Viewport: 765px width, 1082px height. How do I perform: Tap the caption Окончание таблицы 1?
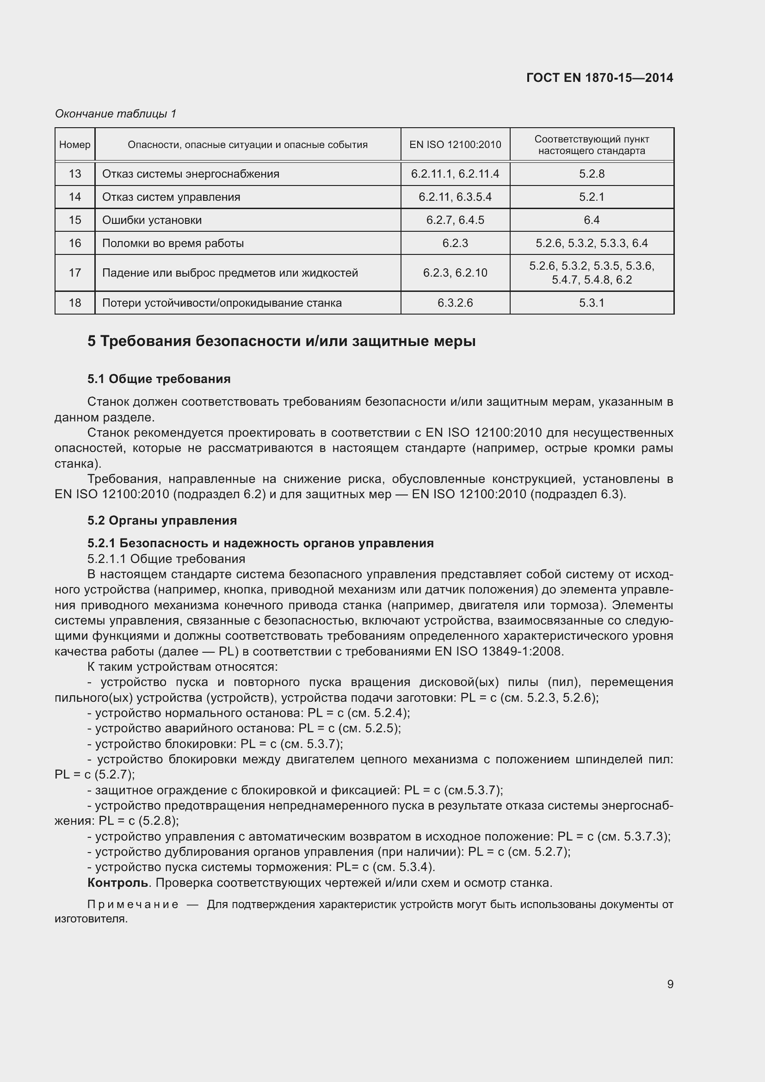[x=116, y=114]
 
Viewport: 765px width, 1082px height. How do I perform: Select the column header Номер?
[x=75, y=145]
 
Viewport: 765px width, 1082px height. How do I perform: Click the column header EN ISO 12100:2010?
[x=455, y=145]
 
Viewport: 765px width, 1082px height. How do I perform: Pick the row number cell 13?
[x=75, y=174]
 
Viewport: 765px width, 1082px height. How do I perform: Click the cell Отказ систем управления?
[x=171, y=197]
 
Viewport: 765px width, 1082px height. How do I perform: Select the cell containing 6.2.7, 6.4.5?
[x=455, y=220]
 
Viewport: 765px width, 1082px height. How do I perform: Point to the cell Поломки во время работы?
[x=173, y=243]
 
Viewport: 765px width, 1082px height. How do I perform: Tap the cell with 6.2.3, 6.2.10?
[x=455, y=273]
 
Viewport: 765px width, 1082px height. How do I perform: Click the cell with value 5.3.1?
[x=592, y=303]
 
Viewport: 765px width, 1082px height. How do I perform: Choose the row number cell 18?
[x=75, y=303]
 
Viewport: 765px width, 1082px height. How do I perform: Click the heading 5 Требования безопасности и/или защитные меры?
[x=281, y=341]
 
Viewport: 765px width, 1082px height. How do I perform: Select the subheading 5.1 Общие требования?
[x=159, y=379]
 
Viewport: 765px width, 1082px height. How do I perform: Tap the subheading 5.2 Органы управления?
[x=162, y=520]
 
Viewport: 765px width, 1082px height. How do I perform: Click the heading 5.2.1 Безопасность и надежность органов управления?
[x=260, y=543]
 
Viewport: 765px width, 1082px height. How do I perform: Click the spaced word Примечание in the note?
[x=133, y=904]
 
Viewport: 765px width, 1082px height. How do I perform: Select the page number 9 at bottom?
[x=670, y=984]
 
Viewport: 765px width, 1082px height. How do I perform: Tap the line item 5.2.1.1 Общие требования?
[x=166, y=559]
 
